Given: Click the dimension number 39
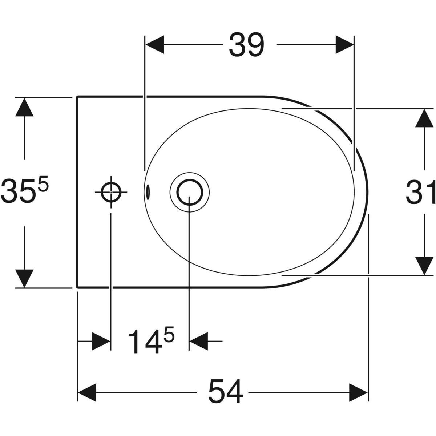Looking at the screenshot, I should [246, 45].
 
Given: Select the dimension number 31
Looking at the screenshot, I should [421, 192].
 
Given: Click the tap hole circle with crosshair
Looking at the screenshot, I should [111, 192].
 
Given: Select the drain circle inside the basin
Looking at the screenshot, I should [189, 192].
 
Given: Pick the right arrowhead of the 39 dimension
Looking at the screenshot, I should [343, 45].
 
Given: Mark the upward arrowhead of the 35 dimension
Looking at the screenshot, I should [24, 107].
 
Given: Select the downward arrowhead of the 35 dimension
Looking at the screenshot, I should [24, 278].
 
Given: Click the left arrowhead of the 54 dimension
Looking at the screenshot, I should [87, 391].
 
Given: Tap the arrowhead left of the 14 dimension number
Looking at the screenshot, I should [101, 341].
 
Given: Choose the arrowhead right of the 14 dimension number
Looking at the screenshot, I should [199, 341].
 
